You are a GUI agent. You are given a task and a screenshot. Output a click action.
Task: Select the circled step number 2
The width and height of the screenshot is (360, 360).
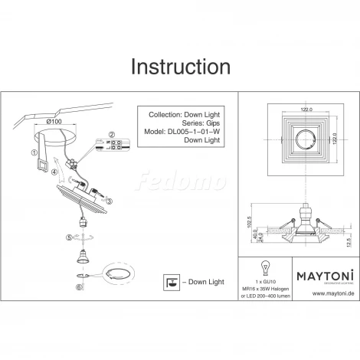pyautogui.click(x=110, y=135)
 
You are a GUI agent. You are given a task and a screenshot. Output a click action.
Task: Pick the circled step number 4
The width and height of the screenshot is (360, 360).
pyautogui.click(x=54, y=173)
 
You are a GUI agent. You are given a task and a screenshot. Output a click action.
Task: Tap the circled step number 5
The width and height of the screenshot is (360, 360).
pyautogui.click(x=68, y=237)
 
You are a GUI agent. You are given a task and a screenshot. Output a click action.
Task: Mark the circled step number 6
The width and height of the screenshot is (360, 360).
pyautogui.click(x=80, y=286)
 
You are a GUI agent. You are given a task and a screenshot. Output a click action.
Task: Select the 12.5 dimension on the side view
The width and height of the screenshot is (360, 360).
pyautogui.click(x=349, y=242)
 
